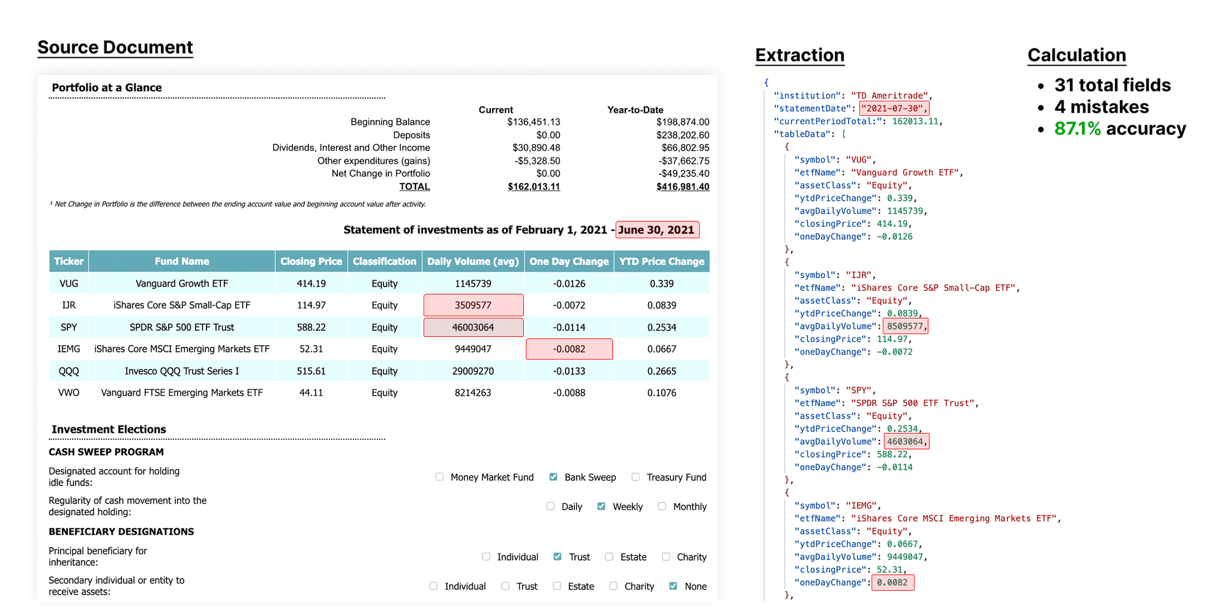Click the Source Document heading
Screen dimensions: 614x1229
pyautogui.click(x=115, y=47)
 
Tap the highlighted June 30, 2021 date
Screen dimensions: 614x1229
pyautogui.click(x=657, y=230)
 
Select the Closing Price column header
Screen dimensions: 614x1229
pyautogui.click(x=311, y=261)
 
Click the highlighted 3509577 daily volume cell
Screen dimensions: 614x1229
pyautogui.click(x=473, y=305)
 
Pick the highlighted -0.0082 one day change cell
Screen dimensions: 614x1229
pyautogui.click(x=569, y=349)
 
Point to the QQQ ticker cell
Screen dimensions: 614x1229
pyautogui.click(x=68, y=371)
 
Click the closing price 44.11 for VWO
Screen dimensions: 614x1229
pyautogui.click(x=311, y=393)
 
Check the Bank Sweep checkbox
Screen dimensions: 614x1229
pyautogui.click(x=553, y=477)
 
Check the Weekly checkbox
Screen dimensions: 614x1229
pyautogui.click(x=601, y=507)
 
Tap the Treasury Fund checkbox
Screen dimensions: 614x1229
pyautogui.click(x=636, y=477)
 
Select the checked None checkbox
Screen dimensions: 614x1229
pyautogui.click(x=673, y=586)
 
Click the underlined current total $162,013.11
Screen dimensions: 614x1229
pyautogui.click(x=533, y=187)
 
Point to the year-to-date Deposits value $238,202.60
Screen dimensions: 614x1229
pyautogui.click(x=682, y=135)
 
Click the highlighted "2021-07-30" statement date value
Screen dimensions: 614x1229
pyautogui.click(x=894, y=109)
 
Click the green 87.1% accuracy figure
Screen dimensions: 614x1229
pyautogui.click(x=1077, y=128)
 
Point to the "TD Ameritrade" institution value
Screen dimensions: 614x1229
pyautogui.click(x=889, y=95)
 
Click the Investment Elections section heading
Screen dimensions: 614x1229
pyautogui.click(x=109, y=429)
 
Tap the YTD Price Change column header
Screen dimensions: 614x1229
pyautogui.click(x=661, y=261)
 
